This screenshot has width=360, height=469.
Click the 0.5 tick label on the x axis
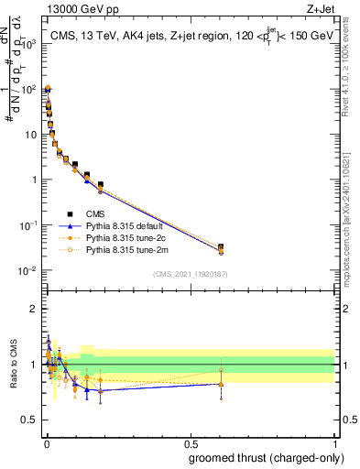pos(190,443)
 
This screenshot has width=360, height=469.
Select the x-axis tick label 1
pos(334,443)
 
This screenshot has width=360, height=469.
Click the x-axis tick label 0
pos(46,443)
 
